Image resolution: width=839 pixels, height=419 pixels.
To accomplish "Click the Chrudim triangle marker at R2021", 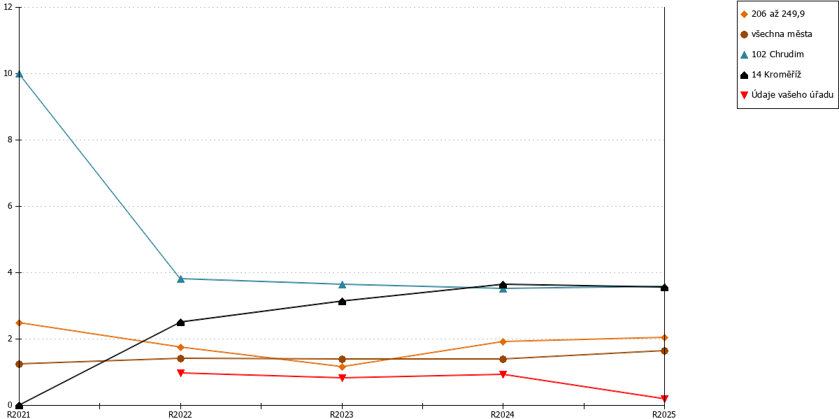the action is coord(19,74).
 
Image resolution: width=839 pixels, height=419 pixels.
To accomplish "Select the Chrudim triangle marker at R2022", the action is coord(180,279).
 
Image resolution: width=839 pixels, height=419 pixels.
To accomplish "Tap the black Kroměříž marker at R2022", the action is coord(180,323).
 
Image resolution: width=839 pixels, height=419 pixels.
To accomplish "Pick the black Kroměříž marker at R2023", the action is coord(342,301).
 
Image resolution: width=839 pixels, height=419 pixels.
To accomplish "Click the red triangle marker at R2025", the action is coord(664,399).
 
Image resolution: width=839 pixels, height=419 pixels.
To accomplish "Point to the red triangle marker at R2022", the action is coord(180,373).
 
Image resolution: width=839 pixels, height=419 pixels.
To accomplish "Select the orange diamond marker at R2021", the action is coord(19,323).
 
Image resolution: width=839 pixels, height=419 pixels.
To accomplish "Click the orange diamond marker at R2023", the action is coord(342,367).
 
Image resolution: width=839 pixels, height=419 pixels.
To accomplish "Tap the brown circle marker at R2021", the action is coord(19,364).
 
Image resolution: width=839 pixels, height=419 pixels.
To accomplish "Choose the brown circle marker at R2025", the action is coord(664,351).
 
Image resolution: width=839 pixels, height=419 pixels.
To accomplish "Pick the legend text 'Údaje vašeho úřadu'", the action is coord(792,95).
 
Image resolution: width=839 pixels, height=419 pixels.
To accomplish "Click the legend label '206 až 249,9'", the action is coord(778,14).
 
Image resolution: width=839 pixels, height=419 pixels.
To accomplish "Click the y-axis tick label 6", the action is coord(10,206).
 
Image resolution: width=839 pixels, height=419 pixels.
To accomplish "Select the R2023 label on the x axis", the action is coord(342,415).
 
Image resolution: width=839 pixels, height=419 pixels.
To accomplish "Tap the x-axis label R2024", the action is coord(503,415).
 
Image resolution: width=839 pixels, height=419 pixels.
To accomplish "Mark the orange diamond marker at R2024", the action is coord(503,341).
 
